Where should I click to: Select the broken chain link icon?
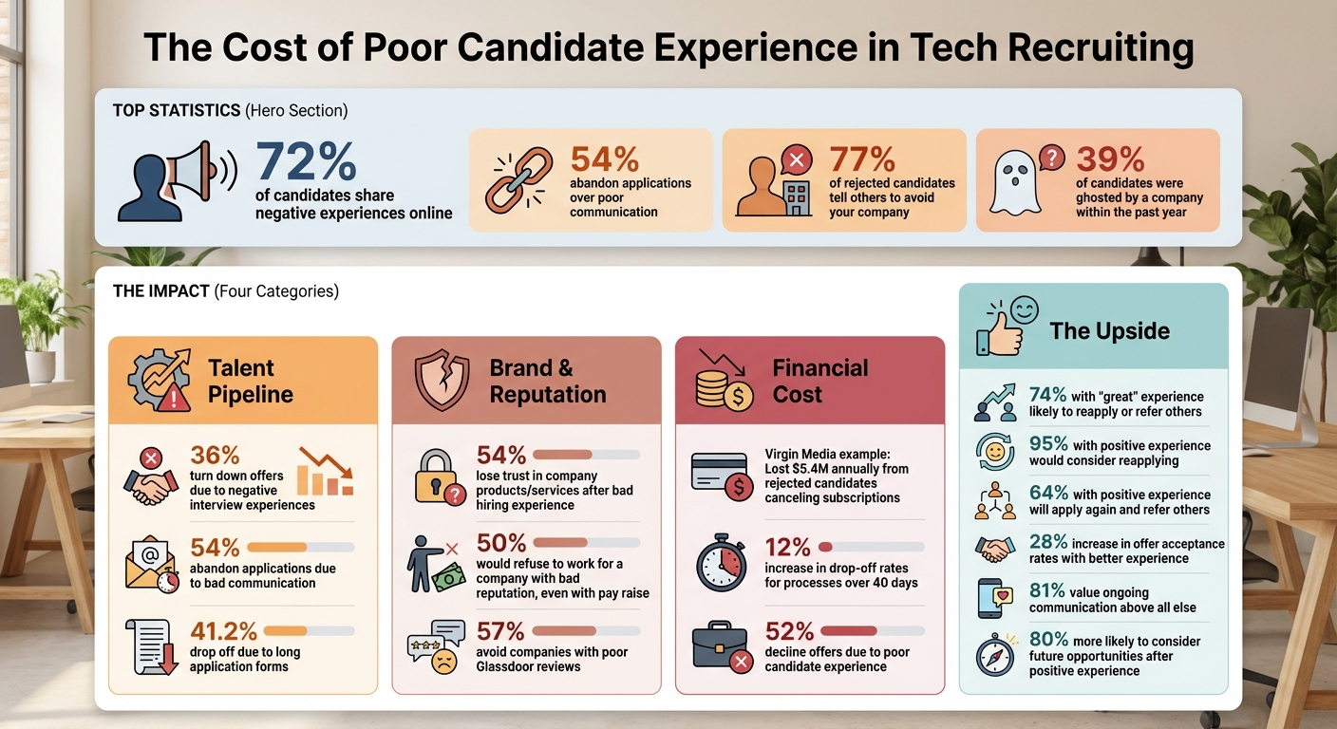pos(518,179)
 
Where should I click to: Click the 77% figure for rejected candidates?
pos(862,159)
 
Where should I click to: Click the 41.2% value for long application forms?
pos(224,630)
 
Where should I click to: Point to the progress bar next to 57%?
pos(586,630)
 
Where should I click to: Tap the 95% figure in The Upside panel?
pos(1048,445)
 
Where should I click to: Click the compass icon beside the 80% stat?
pos(995,655)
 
